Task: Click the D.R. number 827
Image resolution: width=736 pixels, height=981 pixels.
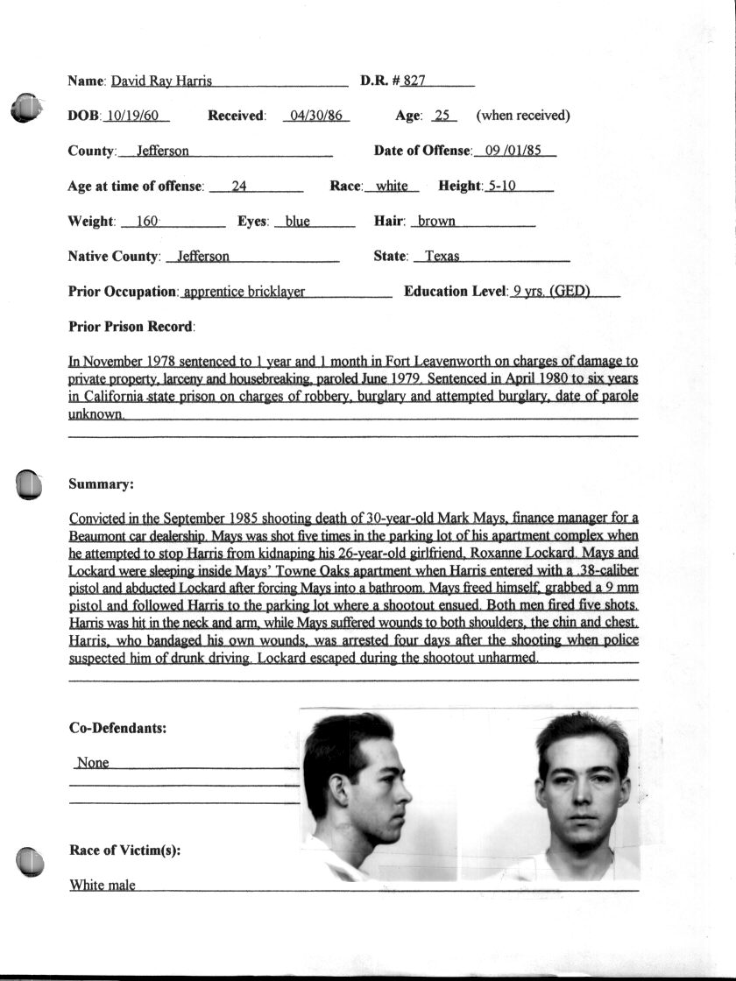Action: tap(414, 81)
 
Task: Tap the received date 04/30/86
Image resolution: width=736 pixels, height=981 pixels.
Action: tap(316, 116)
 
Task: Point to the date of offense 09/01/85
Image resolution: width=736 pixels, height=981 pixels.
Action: tap(515, 151)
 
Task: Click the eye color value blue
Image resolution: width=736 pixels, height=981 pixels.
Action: tap(298, 222)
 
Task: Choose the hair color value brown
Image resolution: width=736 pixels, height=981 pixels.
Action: tap(436, 222)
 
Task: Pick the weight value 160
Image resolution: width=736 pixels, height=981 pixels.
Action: tap(147, 222)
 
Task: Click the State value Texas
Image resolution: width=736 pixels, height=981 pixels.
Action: tap(442, 257)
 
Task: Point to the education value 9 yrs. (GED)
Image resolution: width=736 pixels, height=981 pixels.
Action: tap(551, 292)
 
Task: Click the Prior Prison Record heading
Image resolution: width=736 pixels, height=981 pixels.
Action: tap(131, 327)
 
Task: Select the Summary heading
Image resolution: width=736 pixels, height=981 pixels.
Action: tap(101, 483)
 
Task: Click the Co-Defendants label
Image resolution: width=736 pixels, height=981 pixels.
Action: tap(117, 728)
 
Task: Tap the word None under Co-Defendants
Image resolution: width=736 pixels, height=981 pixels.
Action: tap(93, 763)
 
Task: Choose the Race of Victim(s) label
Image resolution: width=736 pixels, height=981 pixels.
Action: tap(124, 850)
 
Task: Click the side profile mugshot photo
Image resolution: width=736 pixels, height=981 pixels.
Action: tap(379, 793)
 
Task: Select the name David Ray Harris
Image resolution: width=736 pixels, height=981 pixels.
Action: tap(161, 81)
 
